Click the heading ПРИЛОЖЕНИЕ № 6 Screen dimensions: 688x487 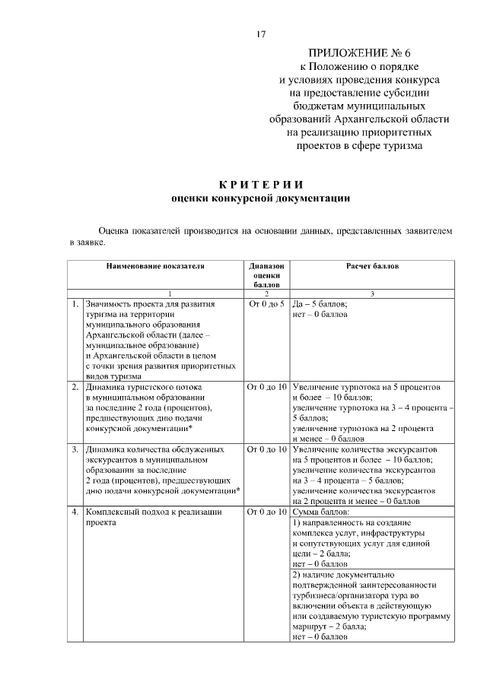tap(358, 53)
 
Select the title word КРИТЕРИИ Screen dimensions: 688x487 tap(261, 185)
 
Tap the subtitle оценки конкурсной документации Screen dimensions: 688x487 tap(261, 198)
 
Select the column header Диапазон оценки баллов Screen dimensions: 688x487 tap(266, 275)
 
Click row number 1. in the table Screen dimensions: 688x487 tap(75, 304)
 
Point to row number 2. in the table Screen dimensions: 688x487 tap(75, 387)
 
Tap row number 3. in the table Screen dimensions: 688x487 tap(75, 449)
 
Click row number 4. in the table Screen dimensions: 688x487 tap(75, 512)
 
